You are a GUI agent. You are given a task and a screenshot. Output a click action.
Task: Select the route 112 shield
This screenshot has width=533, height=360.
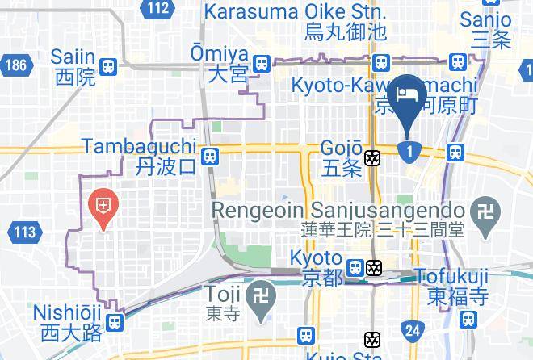tap(159, 9)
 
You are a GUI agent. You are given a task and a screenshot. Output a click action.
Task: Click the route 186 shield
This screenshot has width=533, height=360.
tap(15, 65)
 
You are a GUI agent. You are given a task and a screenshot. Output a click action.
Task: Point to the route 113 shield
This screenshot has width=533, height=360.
tap(25, 233)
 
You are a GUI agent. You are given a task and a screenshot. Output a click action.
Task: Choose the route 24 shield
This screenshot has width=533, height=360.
tap(413, 329)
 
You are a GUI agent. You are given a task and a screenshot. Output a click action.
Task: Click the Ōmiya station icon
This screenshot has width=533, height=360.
tap(260, 63)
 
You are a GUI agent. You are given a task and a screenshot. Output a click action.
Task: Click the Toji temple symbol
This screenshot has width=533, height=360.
tap(263, 296)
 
